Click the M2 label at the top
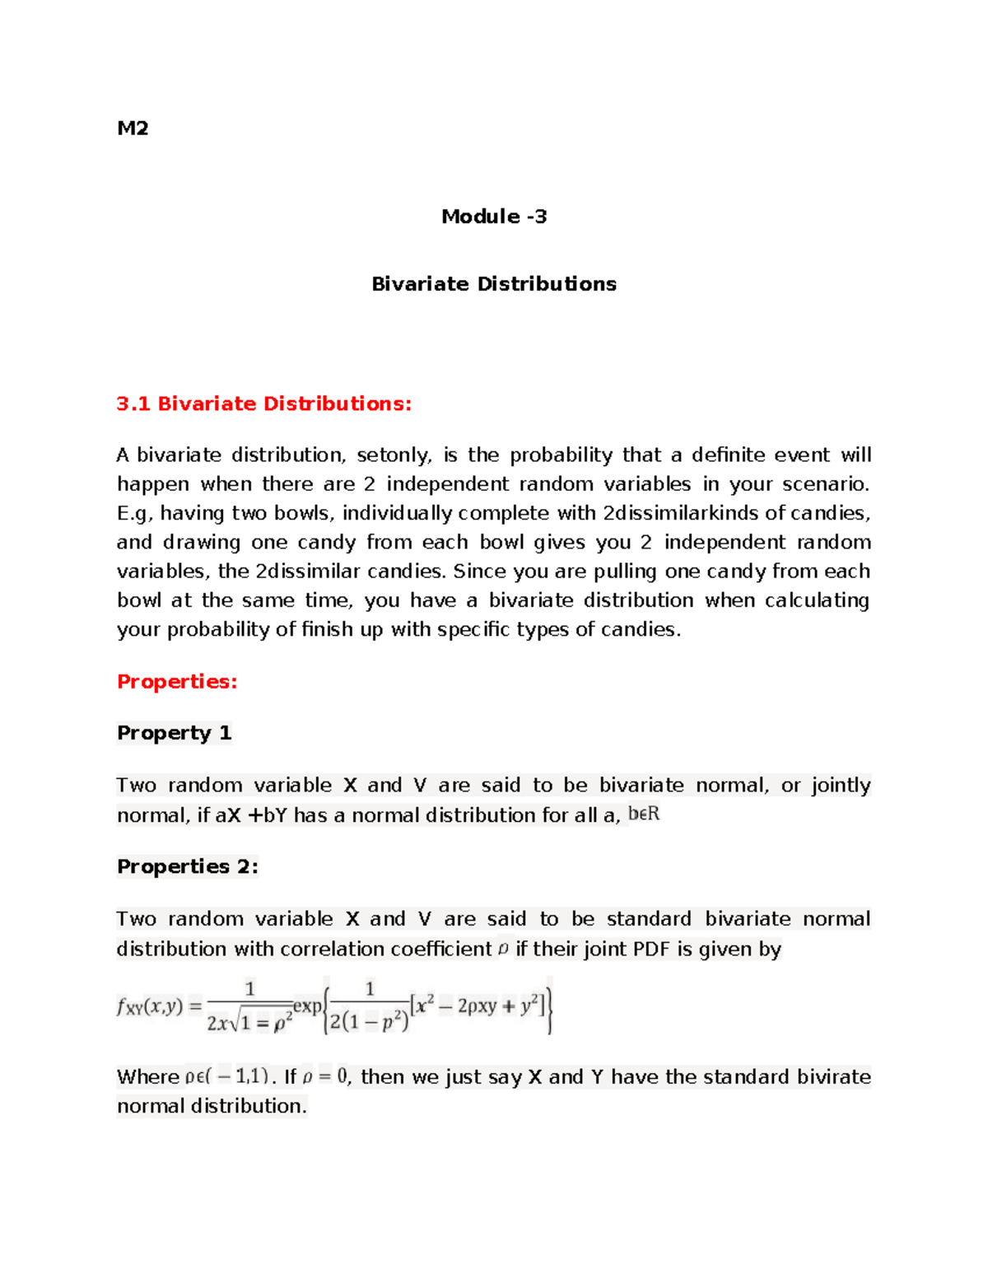coord(133,128)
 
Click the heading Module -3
coord(494,217)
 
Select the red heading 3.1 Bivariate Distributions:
coord(263,404)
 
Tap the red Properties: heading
coord(177,681)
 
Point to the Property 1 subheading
coord(174,733)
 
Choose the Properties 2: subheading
coord(188,866)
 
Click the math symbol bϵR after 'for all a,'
coord(644,815)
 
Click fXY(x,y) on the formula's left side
coord(150,1006)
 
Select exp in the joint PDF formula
coord(307,1006)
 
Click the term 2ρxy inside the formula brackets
coord(478,1006)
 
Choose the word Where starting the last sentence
coord(148,1076)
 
